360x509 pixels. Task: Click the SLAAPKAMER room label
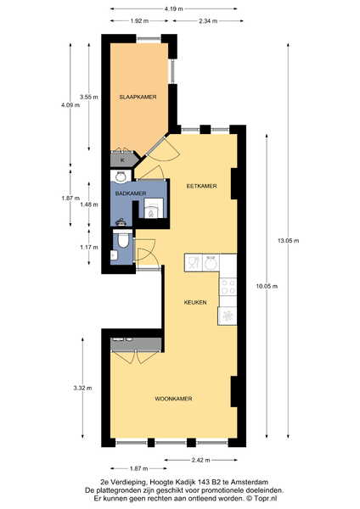(x=138, y=97)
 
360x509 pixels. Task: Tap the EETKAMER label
(x=201, y=187)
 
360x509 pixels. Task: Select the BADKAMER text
(x=131, y=193)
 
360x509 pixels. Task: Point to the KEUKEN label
(x=195, y=302)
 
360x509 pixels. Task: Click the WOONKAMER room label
(x=173, y=399)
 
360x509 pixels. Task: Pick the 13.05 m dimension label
(x=289, y=241)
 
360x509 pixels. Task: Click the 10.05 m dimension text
(x=267, y=287)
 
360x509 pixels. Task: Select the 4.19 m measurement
(x=173, y=9)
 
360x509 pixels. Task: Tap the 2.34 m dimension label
(x=208, y=21)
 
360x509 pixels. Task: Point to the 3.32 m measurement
(x=82, y=388)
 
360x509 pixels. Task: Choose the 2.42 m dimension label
(x=200, y=460)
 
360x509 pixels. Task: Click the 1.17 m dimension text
(x=89, y=248)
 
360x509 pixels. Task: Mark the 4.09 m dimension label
(x=70, y=105)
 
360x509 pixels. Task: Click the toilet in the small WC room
(x=123, y=241)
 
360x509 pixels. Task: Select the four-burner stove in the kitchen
(x=228, y=288)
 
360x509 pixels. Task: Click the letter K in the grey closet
(x=122, y=160)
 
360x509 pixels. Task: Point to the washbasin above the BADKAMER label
(x=121, y=176)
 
